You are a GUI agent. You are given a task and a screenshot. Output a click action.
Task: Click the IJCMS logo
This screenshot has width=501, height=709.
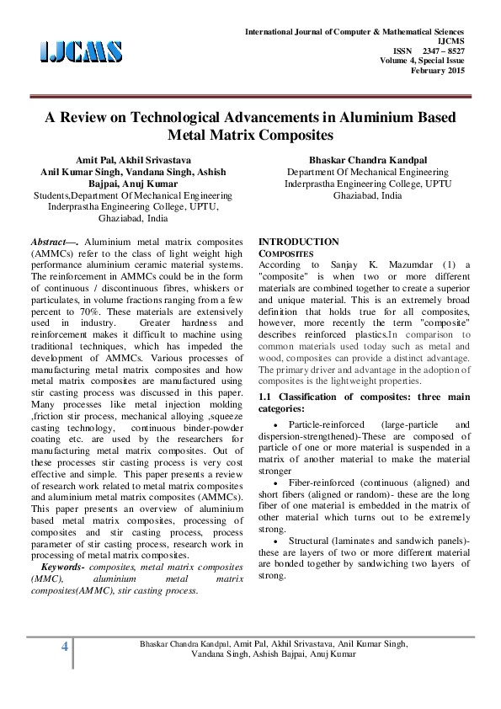(81, 51)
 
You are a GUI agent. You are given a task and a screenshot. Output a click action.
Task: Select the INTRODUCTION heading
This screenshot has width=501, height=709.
(299, 242)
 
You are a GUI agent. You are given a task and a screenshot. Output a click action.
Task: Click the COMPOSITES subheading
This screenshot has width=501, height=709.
(285, 253)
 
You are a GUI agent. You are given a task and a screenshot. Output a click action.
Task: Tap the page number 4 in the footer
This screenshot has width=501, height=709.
(63, 647)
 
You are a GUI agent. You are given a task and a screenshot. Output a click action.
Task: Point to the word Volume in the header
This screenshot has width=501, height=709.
(395, 60)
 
